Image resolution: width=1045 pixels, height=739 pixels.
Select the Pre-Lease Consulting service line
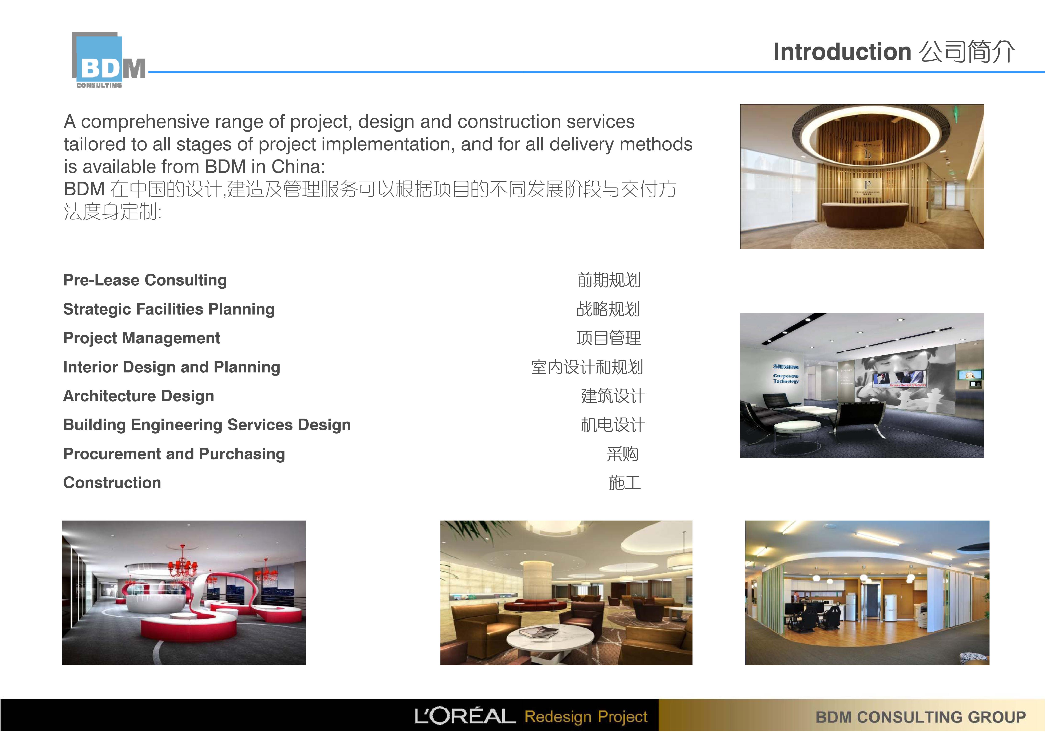pos(145,280)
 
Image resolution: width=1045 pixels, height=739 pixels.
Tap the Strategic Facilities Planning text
pos(169,309)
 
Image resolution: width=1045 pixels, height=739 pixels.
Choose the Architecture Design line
pos(138,396)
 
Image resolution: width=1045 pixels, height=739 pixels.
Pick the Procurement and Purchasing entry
pos(174,454)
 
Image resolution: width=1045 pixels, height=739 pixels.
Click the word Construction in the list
pos(112,483)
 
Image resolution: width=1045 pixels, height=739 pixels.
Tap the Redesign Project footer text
pos(586,717)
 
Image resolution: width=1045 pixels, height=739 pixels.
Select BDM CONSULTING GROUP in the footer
pos(920,718)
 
